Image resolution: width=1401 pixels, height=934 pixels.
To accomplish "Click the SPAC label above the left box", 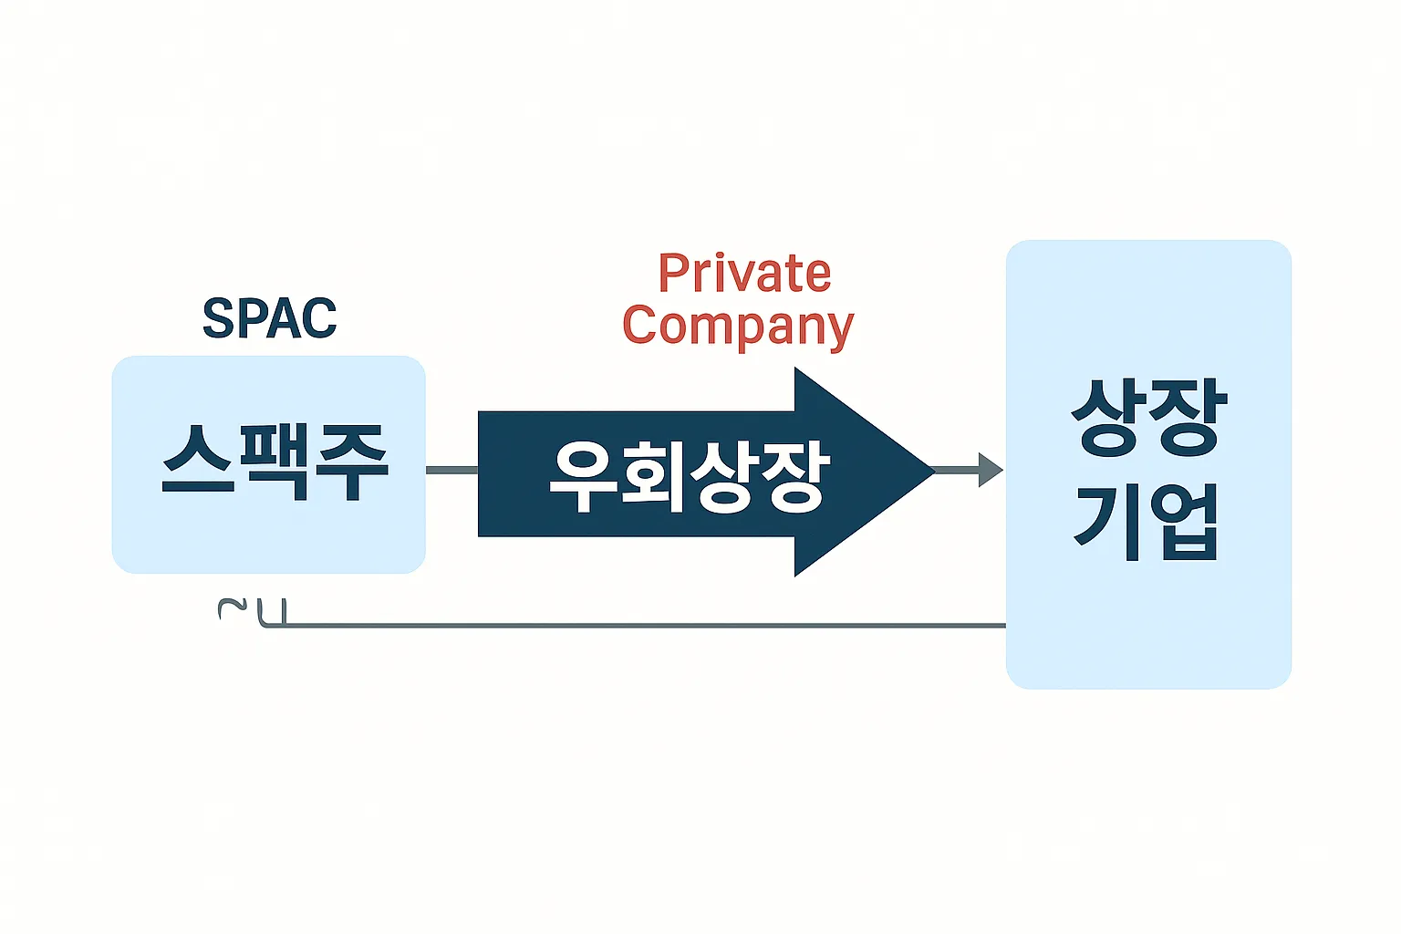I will (269, 318).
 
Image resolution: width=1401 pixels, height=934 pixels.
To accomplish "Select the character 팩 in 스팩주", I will (275, 461).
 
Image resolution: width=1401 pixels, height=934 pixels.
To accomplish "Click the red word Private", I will (744, 274).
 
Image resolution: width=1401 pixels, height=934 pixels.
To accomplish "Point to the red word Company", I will (738, 327).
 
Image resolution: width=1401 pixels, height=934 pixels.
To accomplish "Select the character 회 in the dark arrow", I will (653, 476).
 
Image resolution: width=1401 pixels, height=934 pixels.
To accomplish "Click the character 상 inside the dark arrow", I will (723, 476).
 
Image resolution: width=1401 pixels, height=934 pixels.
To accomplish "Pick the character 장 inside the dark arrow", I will (794, 476).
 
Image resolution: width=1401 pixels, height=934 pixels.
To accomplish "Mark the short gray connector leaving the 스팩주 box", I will (451, 470).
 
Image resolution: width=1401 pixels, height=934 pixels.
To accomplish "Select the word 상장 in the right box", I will (1148, 418).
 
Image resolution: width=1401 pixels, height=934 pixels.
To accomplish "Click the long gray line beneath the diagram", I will (638, 626).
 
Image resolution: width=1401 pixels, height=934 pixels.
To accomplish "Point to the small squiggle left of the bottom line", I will (232, 608).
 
